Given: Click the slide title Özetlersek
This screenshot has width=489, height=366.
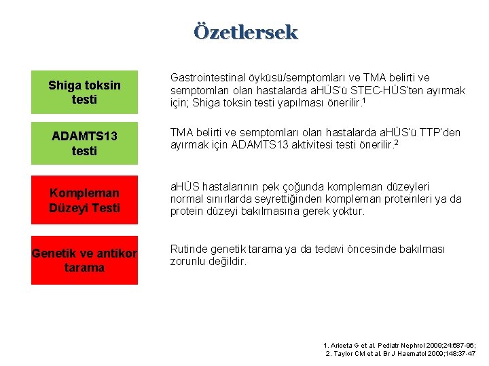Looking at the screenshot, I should tap(245, 32).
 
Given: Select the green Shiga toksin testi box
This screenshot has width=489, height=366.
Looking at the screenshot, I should tap(84, 92).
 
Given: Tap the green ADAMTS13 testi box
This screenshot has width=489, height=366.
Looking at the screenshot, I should tap(84, 143).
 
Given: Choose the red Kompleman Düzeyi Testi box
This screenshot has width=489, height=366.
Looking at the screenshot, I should tap(84, 200).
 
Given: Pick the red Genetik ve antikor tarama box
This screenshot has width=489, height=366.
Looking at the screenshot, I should tap(84, 260).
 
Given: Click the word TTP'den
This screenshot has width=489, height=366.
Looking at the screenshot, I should tap(441, 133).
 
